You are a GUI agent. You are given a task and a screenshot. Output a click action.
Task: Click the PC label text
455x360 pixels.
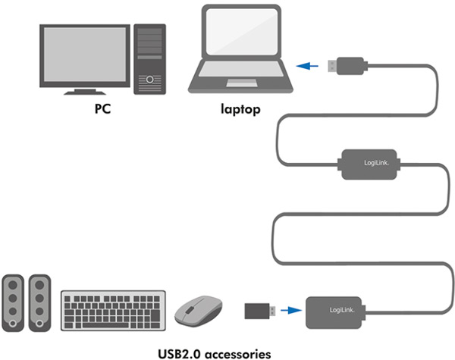102,109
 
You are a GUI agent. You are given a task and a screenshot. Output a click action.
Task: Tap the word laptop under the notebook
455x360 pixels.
240,109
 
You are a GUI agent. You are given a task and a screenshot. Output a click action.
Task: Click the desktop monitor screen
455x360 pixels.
85,55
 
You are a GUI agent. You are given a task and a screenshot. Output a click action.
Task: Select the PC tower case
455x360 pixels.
149,59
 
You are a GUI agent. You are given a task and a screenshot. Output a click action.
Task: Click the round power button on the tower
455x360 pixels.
149,79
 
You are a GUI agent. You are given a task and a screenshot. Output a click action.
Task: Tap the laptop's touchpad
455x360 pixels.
241,83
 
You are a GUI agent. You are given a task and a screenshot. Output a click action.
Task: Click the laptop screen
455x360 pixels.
241,31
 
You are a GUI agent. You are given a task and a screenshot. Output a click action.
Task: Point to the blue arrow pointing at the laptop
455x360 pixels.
307,66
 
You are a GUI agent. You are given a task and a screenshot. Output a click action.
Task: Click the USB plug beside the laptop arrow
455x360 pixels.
348,66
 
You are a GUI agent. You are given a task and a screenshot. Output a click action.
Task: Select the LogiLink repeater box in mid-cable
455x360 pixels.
369,164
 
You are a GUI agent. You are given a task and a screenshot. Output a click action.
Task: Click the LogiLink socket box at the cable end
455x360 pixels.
335,313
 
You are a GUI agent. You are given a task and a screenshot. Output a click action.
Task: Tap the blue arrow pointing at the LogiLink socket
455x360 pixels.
291,311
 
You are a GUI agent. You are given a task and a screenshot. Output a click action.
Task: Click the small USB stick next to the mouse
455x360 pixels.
259,311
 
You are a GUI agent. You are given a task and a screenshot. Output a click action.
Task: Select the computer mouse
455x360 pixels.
199,311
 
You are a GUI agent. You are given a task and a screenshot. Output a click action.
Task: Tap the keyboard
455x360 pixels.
113,311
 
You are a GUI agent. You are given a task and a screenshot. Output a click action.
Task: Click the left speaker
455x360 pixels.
13,303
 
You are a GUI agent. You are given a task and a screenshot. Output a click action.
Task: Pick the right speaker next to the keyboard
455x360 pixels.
39,303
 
